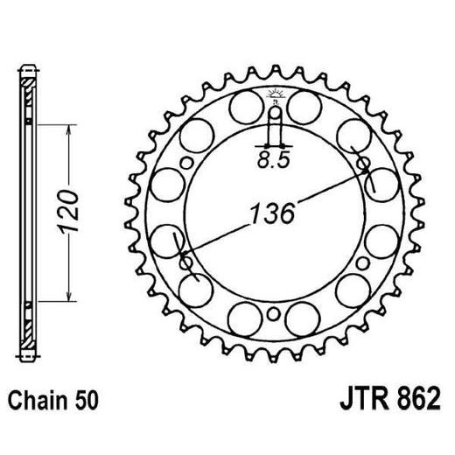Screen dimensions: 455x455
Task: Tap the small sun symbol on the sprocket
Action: click(x=273, y=94)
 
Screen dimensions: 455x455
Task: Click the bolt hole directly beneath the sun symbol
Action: click(x=273, y=111)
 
